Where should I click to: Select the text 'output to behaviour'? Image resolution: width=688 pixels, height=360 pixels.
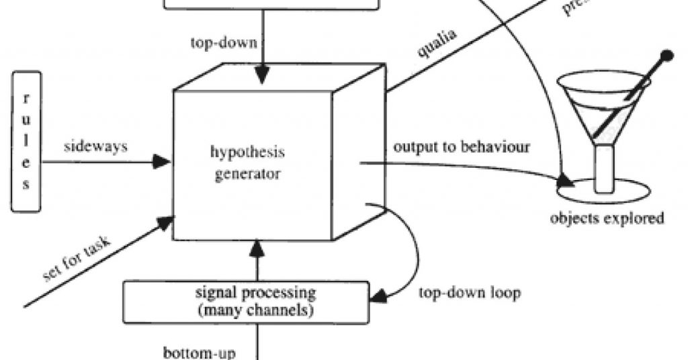[x=462, y=147]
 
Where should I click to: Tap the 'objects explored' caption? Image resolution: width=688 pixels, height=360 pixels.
[x=607, y=218]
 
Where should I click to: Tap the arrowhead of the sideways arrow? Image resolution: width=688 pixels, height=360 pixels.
[x=162, y=161]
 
